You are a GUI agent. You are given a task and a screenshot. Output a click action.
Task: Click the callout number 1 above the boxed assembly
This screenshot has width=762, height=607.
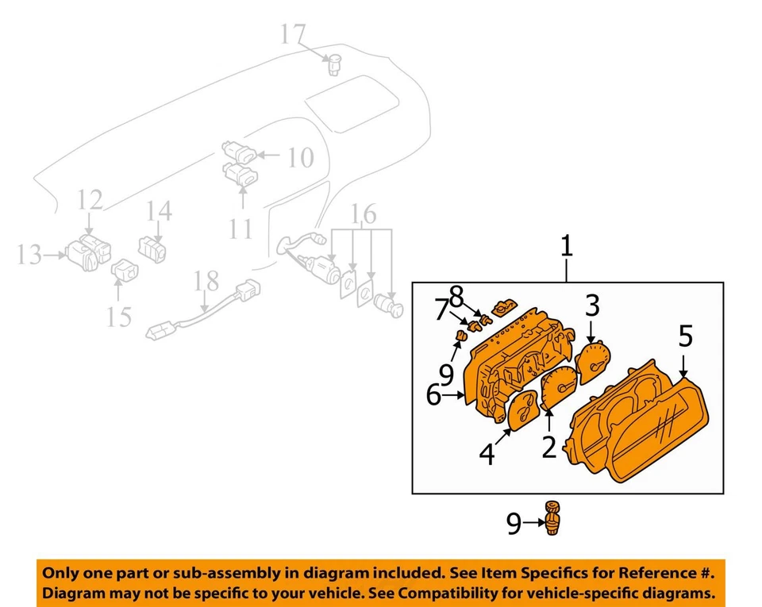[x=566, y=246]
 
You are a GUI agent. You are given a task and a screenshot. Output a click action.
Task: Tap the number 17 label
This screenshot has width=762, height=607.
[x=293, y=35]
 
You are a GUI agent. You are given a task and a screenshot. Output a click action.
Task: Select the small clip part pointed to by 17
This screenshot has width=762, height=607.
[x=335, y=63]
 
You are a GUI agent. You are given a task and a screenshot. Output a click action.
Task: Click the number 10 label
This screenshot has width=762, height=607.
[x=300, y=159]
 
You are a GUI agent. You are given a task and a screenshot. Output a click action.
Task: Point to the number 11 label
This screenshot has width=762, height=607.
[x=241, y=229]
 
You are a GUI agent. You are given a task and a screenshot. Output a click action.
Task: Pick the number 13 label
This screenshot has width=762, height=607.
[x=29, y=255]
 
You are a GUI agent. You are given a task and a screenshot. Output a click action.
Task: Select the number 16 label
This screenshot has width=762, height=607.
[x=364, y=215]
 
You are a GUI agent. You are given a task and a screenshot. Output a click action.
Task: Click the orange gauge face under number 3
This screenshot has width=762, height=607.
[x=595, y=363]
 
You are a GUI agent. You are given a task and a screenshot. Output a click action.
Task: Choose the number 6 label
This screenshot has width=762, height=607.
[x=433, y=394]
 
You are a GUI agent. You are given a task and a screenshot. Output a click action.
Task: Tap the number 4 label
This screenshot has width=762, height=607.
[x=487, y=454]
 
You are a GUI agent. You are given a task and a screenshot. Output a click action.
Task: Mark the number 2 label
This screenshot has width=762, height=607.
[x=548, y=447]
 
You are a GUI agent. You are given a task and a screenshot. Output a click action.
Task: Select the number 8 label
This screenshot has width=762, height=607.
[x=456, y=296]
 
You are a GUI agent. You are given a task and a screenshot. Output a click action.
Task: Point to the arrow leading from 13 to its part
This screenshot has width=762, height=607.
[x=56, y=255]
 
